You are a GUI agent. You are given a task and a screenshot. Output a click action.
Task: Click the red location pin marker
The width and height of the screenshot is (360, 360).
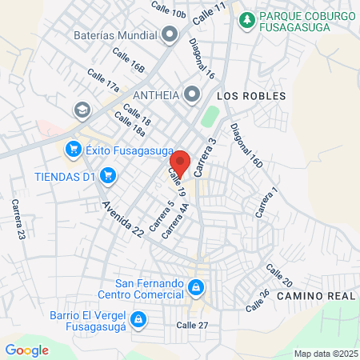point(179,163)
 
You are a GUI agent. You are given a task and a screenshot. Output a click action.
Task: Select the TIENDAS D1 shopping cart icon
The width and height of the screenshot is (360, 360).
point(110,176)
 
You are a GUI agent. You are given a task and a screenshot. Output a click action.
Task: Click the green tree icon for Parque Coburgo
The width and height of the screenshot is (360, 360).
point(248,18)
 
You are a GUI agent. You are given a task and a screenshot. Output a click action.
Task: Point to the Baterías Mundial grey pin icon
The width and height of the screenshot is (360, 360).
point(170,34)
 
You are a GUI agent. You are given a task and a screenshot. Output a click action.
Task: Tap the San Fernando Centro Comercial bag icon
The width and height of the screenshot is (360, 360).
point(195,286)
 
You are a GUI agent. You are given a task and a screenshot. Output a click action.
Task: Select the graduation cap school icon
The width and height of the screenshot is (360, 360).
point(82,110)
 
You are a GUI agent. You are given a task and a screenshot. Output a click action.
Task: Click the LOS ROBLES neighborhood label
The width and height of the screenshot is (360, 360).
point(251,96)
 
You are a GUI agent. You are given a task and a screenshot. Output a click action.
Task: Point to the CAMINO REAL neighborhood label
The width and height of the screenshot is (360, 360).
point(315,296)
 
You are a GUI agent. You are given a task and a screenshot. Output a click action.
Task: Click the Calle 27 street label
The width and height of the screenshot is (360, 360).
point(191,325)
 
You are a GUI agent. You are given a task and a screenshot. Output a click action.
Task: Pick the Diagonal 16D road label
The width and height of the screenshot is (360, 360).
point(246,146)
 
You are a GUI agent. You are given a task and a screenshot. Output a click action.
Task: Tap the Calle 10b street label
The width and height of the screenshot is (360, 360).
point(170,10)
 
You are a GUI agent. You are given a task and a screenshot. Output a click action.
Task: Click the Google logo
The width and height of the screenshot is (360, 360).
point(26,350)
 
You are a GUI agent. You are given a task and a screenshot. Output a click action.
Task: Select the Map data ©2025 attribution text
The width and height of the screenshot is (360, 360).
point(326,354)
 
